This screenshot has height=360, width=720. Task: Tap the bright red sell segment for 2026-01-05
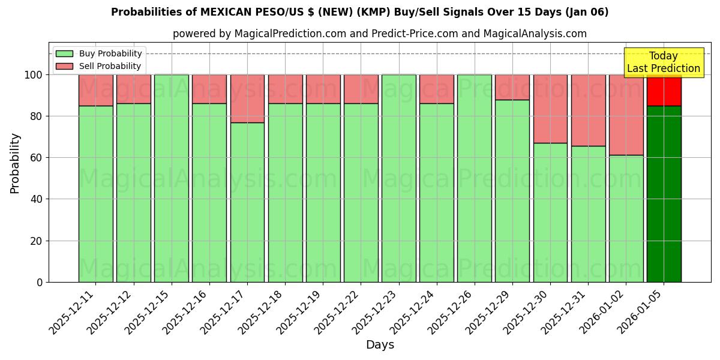(x=664, y=90)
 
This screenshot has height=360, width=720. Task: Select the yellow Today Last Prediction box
(x=663, y=62)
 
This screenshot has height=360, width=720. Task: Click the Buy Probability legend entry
(x=99, y=53)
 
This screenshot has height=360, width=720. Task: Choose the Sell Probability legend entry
(x=99, y=66)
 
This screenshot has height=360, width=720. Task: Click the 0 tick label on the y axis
(x=40, y=282)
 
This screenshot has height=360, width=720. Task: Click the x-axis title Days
(x=380, y=345)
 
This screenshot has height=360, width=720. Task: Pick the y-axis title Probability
(x=15, y=163)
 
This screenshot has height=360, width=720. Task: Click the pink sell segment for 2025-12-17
(x=247, y=98)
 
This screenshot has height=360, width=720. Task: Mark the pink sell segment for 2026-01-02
(x=626, y=115)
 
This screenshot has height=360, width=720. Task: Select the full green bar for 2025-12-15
(x=172, y=178)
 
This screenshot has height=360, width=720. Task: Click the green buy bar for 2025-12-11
(x=95, y=193)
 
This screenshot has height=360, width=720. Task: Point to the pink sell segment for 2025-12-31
(x=588, y=110)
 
